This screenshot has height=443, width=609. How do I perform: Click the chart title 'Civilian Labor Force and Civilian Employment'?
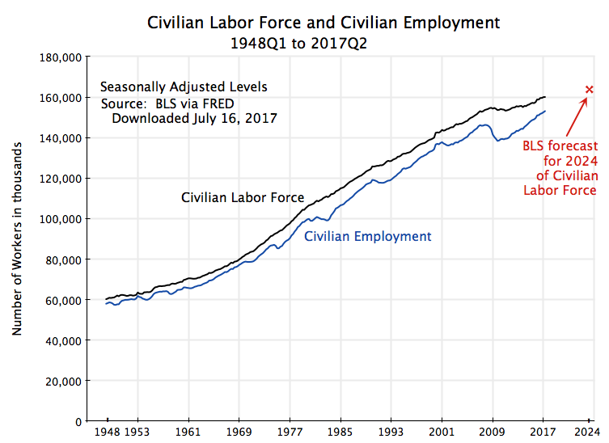point(324,21)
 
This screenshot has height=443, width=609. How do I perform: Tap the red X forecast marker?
point(589,89)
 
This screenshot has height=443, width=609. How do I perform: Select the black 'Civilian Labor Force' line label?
point(243,197)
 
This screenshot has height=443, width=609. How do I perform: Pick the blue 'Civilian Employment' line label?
point(368,237)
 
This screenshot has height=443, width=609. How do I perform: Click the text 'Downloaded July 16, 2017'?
point(194,118)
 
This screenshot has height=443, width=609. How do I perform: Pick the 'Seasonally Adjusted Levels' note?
point(184,86)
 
